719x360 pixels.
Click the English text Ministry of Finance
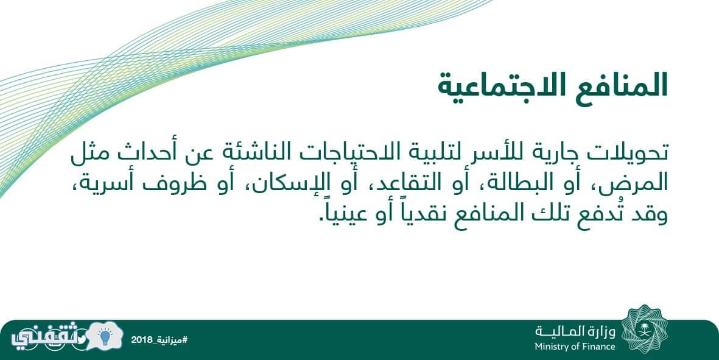click(575, 347)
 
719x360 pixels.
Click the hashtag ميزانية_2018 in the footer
click(159, 340)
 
